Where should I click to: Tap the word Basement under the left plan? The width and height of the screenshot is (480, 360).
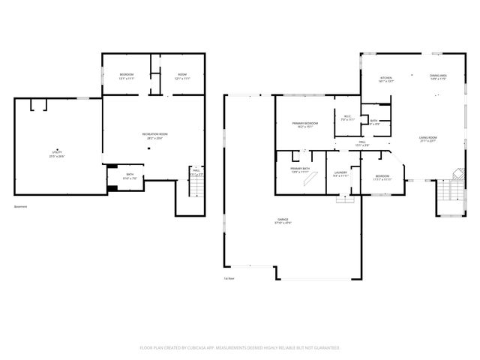coord(21,207)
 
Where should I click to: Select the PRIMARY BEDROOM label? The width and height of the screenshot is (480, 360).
coord(304,124)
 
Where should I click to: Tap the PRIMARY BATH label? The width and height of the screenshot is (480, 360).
coord(300,170)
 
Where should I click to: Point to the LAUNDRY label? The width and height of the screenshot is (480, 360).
coord(339,174)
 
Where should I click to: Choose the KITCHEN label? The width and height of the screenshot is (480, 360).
coord(386,78)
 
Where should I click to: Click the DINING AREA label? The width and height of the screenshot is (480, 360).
coord(438,77)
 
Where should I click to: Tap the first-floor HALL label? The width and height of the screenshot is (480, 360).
coord(361,142)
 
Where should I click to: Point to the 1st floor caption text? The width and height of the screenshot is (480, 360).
coord(229,279)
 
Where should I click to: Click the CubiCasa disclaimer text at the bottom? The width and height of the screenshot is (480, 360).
coord(240,348)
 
